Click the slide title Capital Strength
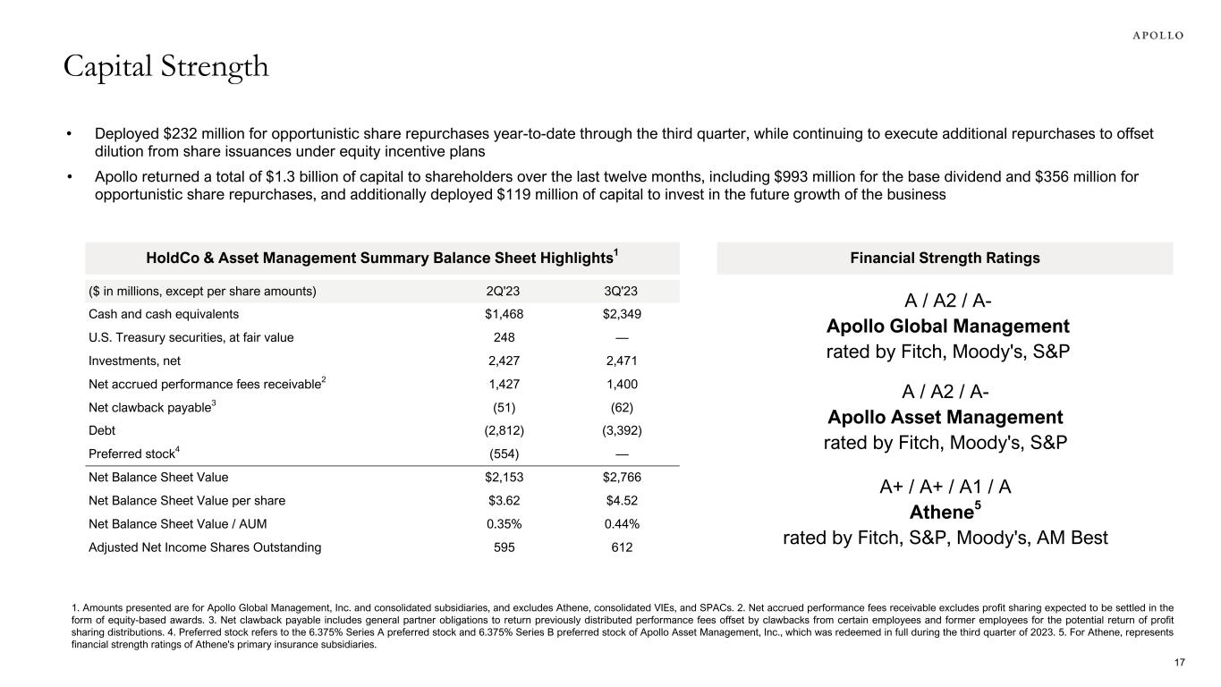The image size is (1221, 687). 165,66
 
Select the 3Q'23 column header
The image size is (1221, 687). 623,291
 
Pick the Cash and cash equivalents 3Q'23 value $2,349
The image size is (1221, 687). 623,314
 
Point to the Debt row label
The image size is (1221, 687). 103,430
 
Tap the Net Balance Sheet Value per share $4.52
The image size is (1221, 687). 623,501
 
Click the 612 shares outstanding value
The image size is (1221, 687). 623,547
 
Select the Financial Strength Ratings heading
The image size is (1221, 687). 945,258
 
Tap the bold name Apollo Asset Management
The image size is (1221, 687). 945,417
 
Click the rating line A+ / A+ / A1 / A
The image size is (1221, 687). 945,487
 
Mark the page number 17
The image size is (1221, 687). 1179,662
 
